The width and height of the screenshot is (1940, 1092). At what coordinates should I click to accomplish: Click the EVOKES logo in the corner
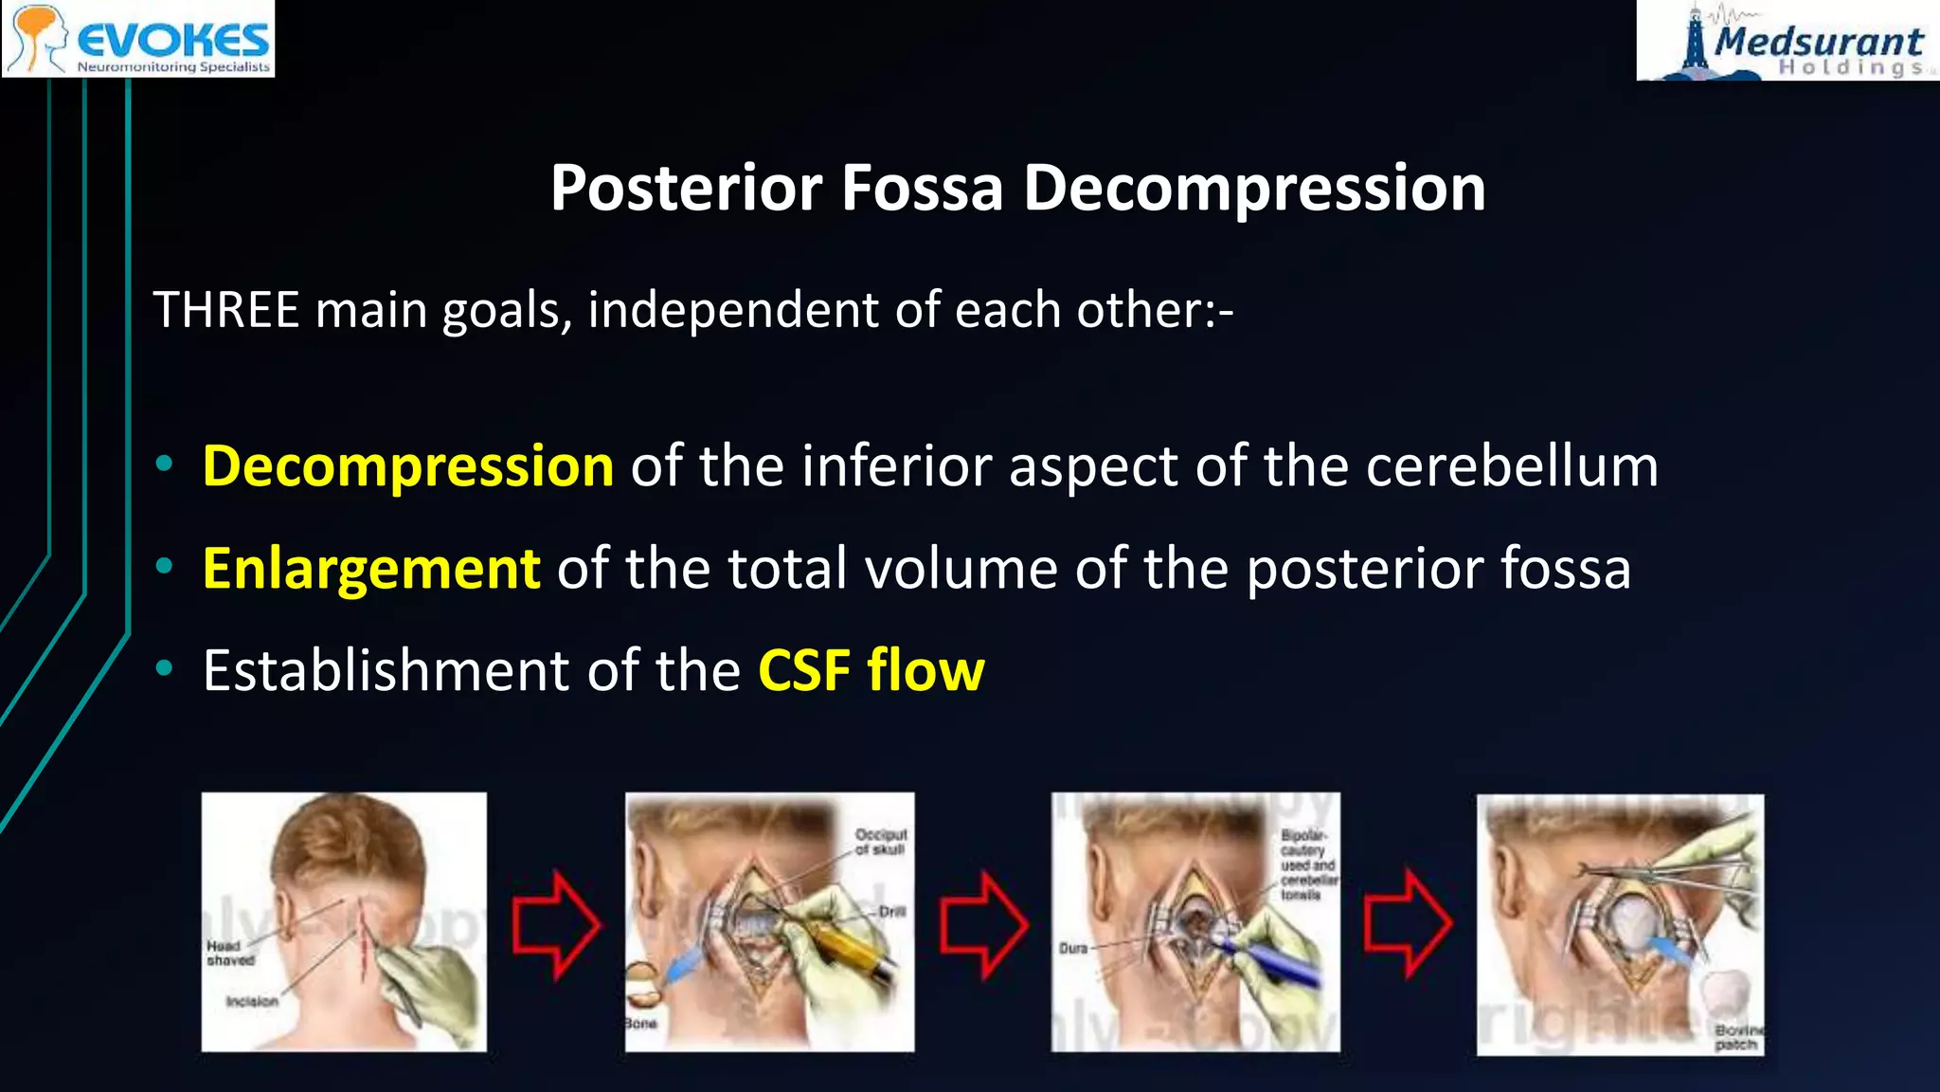pyautogui.click(x=138, y=39)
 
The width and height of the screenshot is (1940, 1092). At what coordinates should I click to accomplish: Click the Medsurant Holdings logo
pyautogui.click(x=1788, y=41)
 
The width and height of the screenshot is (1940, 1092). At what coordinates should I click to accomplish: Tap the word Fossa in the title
pyautogui.click(x=922, y=188)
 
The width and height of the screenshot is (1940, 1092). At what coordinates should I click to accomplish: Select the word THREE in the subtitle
pyautogui.click(x=226, y=310)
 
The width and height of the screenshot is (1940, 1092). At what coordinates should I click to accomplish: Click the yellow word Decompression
pyautogui.click(x=408, y=466)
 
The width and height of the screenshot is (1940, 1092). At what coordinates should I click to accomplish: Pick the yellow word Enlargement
pyautogui.click(x=371, y=569)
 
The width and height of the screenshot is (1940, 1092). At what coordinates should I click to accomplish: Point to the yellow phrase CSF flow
pyautogui.click(x=871, y=671)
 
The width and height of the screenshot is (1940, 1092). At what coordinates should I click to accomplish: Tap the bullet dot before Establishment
pyautogui.click(x=165, y=669)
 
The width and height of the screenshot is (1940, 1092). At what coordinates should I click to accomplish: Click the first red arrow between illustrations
pyautogui.click(x=556, y=924)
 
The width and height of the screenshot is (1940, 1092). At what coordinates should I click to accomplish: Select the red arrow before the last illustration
pyautogui.click(x=1408, y=923)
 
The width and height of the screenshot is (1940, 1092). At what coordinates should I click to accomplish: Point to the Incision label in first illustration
pyautogui.click(x=252, y=1001)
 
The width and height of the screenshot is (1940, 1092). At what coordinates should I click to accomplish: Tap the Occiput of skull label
pyautogui.click(x=881, y=842)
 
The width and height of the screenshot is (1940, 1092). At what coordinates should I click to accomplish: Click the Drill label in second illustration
pyautogui.click(x=892, y=911)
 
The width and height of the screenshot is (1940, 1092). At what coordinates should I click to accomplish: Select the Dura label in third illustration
pyautogui.click(x=1073, y=948)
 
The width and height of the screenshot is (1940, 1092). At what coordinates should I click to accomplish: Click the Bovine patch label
pyautogui.click(x=1737, y=1037)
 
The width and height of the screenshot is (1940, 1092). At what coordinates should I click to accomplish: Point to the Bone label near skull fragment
pyautogui.click(x=640, y=1024)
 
